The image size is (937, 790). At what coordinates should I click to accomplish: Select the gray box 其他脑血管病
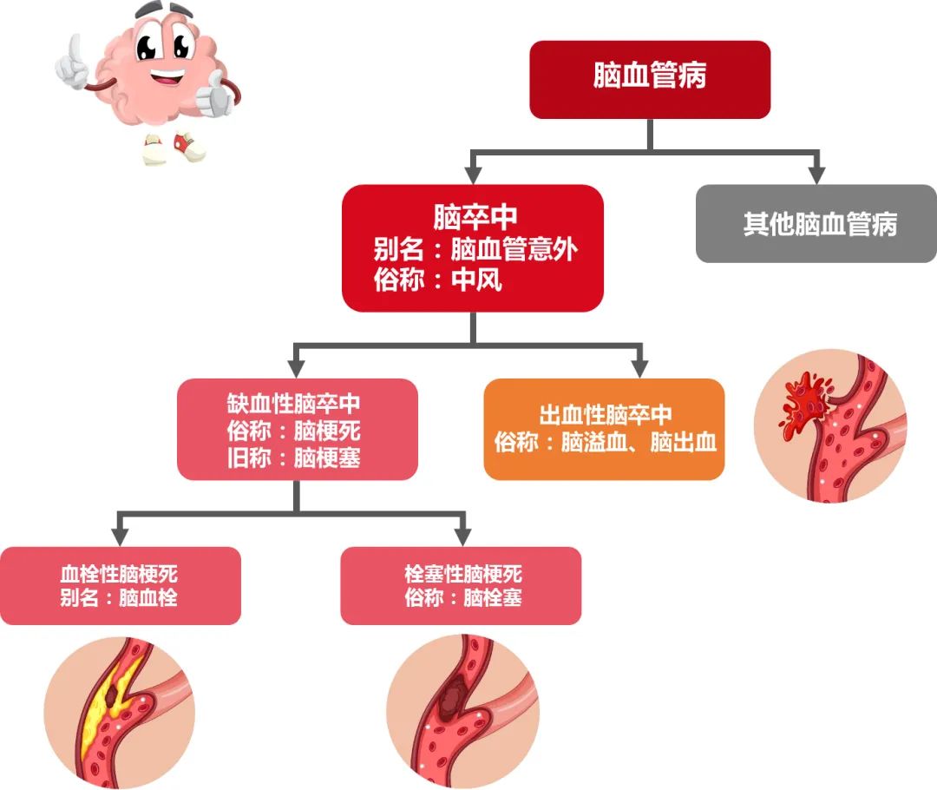(816, 224)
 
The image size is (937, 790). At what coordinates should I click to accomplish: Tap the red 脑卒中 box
(472, 247)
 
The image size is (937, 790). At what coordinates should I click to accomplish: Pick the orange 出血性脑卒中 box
(604, 429)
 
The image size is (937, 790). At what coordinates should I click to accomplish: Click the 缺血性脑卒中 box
(297, 429)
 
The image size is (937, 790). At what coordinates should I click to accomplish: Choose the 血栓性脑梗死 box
(120, 585)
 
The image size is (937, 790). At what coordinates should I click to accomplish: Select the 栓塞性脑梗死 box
(461, 585)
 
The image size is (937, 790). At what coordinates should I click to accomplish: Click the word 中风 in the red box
(476, 281)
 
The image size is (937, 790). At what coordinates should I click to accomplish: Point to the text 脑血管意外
(514, 251)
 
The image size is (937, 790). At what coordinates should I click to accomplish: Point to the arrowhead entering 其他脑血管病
(816, 173)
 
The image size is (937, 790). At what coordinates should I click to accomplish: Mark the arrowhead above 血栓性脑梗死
(121, 534)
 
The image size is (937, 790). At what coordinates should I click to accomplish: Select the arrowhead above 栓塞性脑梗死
(462, 534)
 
